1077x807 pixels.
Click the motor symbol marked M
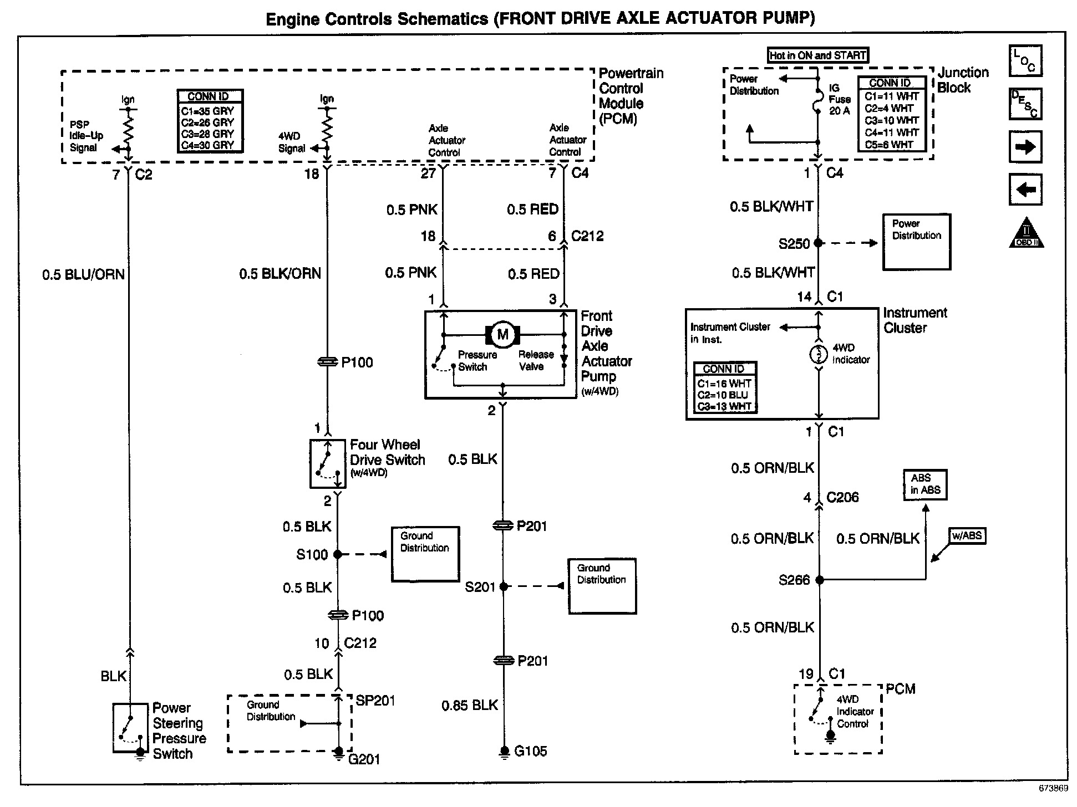pos(502,334)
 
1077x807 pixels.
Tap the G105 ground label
pos(531,752)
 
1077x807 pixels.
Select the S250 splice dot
pos(819,243)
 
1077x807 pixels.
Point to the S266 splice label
pos(794,580)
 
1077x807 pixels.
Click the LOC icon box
pos(1025,60)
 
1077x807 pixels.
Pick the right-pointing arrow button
pos(1025,147)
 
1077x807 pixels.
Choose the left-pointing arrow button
pos(1025,190)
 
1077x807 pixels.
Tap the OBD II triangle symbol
pos(1026,233)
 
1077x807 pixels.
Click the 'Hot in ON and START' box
pos(817,55)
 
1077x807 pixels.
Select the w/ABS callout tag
pos(967,536)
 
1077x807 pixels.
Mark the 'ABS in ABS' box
pos(925,484)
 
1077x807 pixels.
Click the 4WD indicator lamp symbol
pos(819,354)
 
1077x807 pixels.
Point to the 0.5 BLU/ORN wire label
pos(84,275)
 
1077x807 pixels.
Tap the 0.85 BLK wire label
pos(470,706)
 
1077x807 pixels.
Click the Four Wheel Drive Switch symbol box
pos(328,464)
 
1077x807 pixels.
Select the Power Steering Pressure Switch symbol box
pos(130,728)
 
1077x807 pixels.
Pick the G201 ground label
pos(364,759)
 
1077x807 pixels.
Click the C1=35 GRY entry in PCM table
pos(207,111)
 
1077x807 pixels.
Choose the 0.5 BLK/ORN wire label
pos(280,274)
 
